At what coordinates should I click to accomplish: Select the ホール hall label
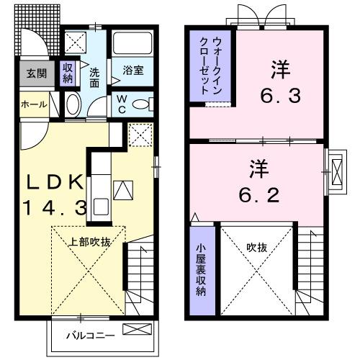[x=34, y=104]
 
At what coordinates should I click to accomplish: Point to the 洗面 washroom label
[x=95, y=78]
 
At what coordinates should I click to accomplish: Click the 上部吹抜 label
[x=89, y=243]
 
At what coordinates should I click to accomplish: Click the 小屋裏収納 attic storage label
[x=202, y=270]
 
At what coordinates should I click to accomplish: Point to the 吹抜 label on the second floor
[x=256, y=247]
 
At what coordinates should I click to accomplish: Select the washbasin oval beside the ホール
[x=73, y=105]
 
